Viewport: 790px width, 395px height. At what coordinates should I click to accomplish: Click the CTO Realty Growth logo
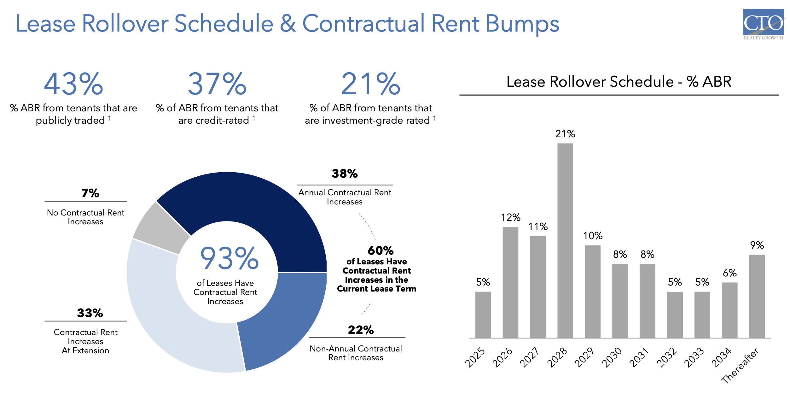(763, 24)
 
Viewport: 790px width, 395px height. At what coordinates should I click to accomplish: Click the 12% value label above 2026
(510, 217)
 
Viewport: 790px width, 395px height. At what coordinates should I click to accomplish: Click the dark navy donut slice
(252, 205)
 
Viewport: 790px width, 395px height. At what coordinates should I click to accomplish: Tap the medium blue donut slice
(284, 315)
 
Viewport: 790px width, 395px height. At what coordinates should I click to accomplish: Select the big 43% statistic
(73, 84)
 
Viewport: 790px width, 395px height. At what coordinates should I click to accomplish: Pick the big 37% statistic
(217, 84)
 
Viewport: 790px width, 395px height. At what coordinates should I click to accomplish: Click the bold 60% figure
(380, 251)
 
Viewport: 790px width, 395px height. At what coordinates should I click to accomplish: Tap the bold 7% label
(90, 193)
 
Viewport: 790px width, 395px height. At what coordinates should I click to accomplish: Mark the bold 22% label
(361, 330)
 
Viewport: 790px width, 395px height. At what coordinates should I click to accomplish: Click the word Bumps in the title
(522, 24)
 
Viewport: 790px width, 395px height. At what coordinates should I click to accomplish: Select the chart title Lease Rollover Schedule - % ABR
(619, 82)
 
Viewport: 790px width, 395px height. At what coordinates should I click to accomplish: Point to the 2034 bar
(729, 310)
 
